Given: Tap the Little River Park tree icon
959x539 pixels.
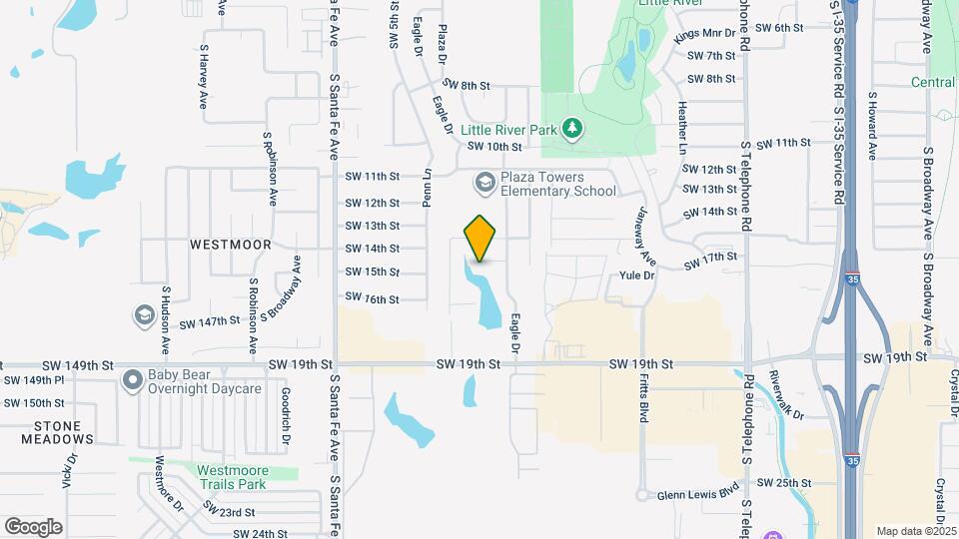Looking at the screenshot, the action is coord(571,127).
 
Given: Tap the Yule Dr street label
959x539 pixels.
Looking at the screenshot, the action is coord(636,274).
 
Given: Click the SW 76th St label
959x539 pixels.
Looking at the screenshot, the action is coord(372,298).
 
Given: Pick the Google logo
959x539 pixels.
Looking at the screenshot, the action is coord(34,527).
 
